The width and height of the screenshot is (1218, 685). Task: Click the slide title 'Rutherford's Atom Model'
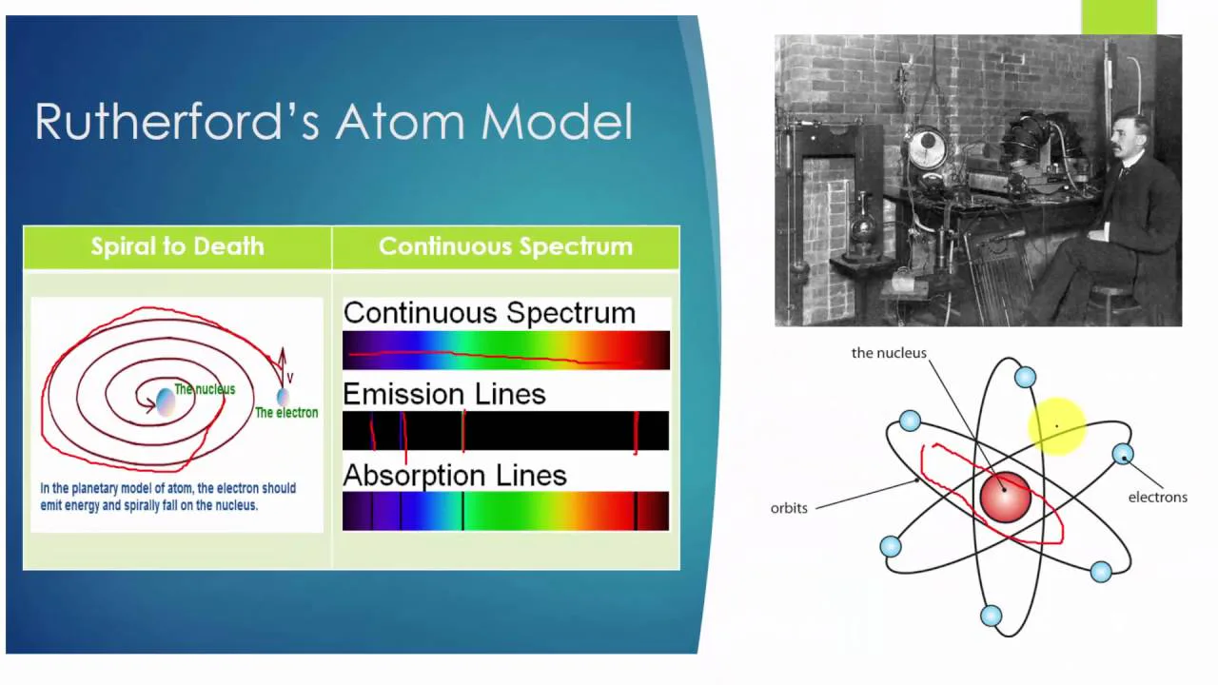[x=334, y=123]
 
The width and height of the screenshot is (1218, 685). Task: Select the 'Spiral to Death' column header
[x=177, y=246]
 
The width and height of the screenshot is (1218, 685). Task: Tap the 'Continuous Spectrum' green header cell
[x=505, y=246]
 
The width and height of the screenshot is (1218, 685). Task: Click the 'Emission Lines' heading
[x=444, y=394]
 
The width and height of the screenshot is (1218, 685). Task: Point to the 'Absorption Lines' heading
[x=455, y=475]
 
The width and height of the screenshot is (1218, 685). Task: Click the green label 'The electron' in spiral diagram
[x=286, y=413]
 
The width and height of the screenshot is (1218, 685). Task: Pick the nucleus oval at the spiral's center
[x=165, y=401]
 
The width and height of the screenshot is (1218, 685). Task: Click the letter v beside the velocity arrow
[x=290, y=378]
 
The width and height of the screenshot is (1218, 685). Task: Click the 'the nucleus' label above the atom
[x=888, y=353]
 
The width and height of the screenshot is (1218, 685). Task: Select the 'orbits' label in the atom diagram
[x=789, y=508]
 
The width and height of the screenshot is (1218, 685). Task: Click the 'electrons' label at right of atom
[x=1157, y=497]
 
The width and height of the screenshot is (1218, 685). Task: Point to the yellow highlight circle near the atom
[x=1057, y=427]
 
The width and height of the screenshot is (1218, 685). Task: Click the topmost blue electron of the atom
[x=1025, y=378]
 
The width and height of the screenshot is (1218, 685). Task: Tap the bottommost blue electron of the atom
[x=991, y=616]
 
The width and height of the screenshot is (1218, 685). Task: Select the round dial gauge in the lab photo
[x=926, y=149]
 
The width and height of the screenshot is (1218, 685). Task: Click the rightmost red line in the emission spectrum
[x=635, y=431]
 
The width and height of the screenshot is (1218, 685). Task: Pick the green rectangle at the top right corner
[x=1118, y=17]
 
